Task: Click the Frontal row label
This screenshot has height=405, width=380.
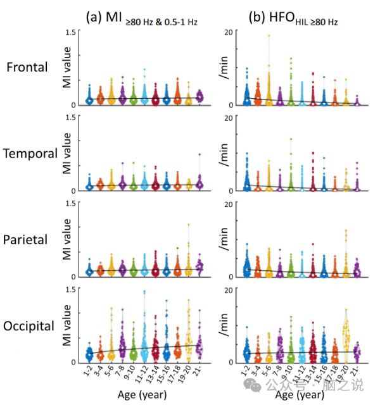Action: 27,67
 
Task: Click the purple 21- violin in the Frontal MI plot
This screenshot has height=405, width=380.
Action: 199,96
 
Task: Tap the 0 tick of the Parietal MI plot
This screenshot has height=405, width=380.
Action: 74,276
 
